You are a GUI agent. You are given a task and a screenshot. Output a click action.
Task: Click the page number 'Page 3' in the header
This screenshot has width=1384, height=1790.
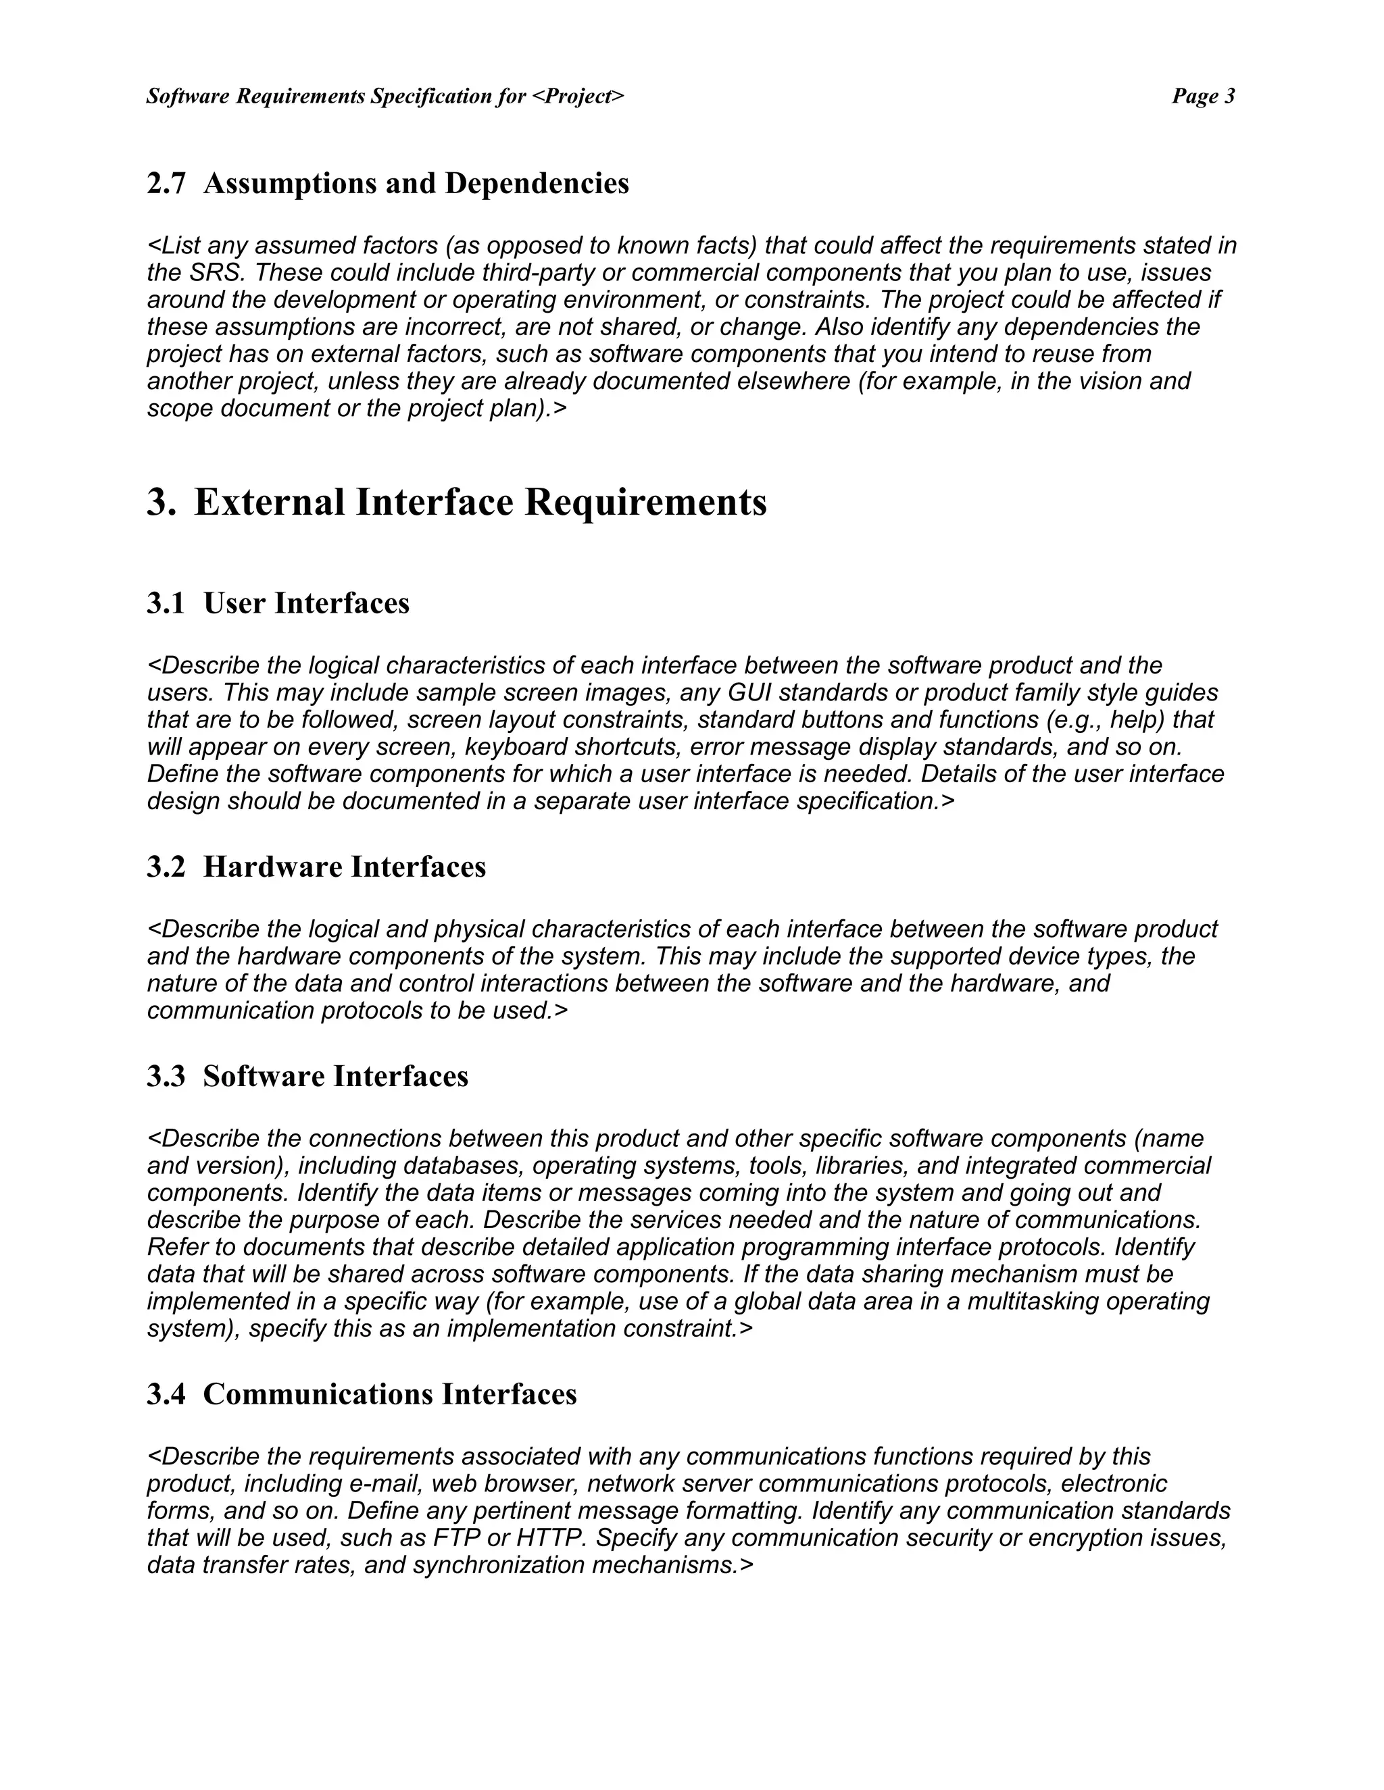pyautogui.click(x=1203, y=97)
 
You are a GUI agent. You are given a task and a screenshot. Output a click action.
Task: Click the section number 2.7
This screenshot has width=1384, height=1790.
pyautogui.click(x=166, y=184)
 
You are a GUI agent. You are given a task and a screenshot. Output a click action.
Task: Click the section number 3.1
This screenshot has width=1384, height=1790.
pyautogui.click(x=166, y=603)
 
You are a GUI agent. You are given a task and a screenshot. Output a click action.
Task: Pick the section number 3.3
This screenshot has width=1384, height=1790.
pyautogui.click(x=166, y=1076)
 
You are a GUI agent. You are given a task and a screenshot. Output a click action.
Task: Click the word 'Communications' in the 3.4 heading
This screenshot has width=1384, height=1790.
pyautogui.click(x=319, y=1394)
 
